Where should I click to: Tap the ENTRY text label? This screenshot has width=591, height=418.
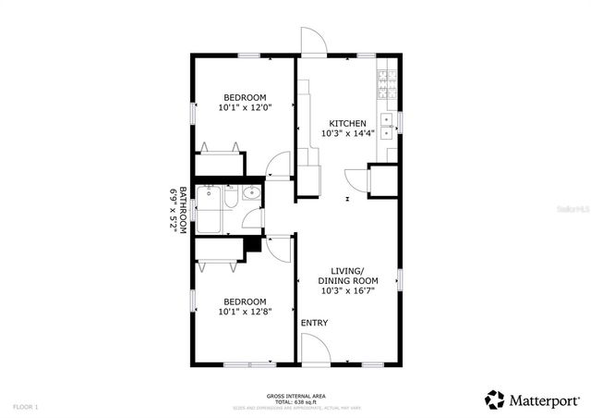pyautogui.click(x=314, y=323)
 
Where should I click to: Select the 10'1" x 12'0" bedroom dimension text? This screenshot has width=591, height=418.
pyautogui.click(x=245, y=108)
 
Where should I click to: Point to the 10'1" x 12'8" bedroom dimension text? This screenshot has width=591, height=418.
pyautogui.click(x=245, y=312)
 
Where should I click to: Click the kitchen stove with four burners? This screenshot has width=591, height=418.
pyautogui.click(x=387, y=83)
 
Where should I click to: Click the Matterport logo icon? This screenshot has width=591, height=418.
pyautogui.click(x=495, y=400)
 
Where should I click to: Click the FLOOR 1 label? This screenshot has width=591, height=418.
pyautogui.click(x=25, y=407)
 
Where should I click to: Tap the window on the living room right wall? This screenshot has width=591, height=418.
pyautogui.click(x=400, y=278)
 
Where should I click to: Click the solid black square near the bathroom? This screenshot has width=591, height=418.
pyautogui.click(x=250, y=248)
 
